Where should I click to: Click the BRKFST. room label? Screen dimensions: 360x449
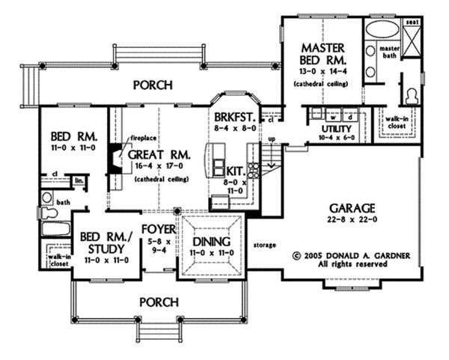tap(233, 119)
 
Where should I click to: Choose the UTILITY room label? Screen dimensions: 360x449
tap(323, 129)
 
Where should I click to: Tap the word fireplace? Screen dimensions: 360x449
tap(141, 138)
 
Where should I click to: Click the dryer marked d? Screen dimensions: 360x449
tap(349, 118)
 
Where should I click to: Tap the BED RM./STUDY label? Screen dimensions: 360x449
tap(104, 243)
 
